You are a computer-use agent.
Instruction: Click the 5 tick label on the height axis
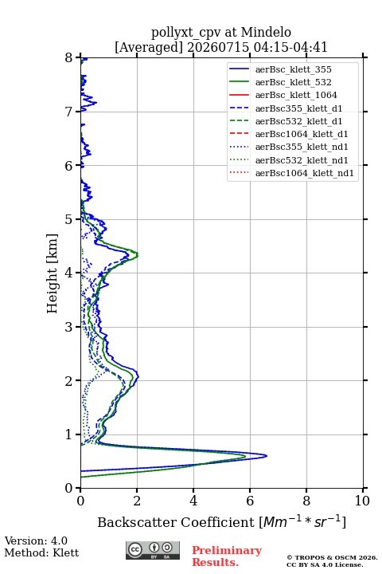pyautogui.click(x=69, y=219)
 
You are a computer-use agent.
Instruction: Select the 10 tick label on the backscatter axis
pyautogui.click(x=362, y=501)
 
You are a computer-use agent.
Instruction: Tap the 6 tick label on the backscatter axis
pyautogui.click(x=250, y=501)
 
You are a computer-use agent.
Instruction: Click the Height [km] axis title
pyautogui.click(x=52, y=273)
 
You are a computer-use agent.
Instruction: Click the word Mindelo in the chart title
pyautogui.click(x=266, y=32)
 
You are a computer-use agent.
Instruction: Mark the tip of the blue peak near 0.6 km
pyautogui.click(x=267, y=456)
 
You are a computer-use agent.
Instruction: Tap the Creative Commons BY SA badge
pyautogui.click(x=153, y=550)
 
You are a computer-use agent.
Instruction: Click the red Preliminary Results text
pyautogui.click(x=227, y=556)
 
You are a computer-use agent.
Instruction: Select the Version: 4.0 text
pyautogui.click(x=36, y=541)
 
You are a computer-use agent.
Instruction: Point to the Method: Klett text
pyautogui.click(x=41, y=552)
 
